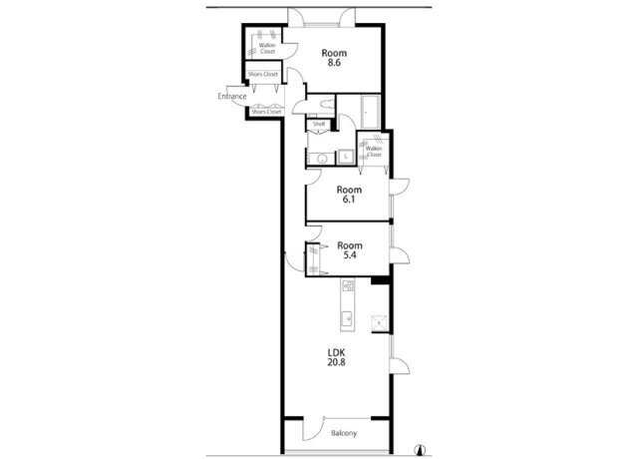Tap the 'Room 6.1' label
pos(347,195)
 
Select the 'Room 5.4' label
pos(348,250)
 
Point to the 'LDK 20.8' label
pos(339,357)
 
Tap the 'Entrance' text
pos(231,97)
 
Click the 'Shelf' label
pos(319,125)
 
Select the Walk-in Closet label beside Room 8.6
pos(267,47)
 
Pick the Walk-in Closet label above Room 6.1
pos(374,152)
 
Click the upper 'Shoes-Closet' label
pos(263,75)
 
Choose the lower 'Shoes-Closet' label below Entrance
pos(266,112)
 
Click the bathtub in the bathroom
pos(368,112)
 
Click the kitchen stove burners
pos(347,290)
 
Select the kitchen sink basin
pos(345,319)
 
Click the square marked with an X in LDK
pos(379,320)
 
